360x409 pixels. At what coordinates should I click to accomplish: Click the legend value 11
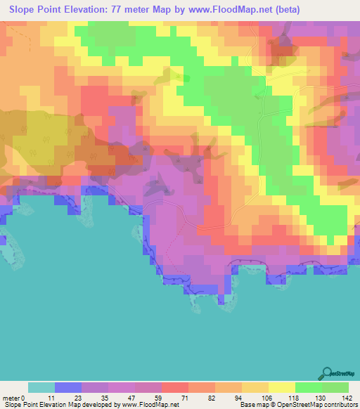(x=49, y=398)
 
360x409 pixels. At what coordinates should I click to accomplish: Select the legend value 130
(x=316, y=398)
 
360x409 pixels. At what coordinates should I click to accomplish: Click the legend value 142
(x=343, y=398)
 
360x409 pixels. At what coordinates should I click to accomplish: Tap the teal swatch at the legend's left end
(x=41, y=387)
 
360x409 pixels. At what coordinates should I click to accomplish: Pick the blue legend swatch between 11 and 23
(x=68, y=387)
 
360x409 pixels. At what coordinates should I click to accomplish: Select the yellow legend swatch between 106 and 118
(x=282, y=387)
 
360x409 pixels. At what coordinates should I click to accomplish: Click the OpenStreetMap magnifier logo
(x=327, y=374)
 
